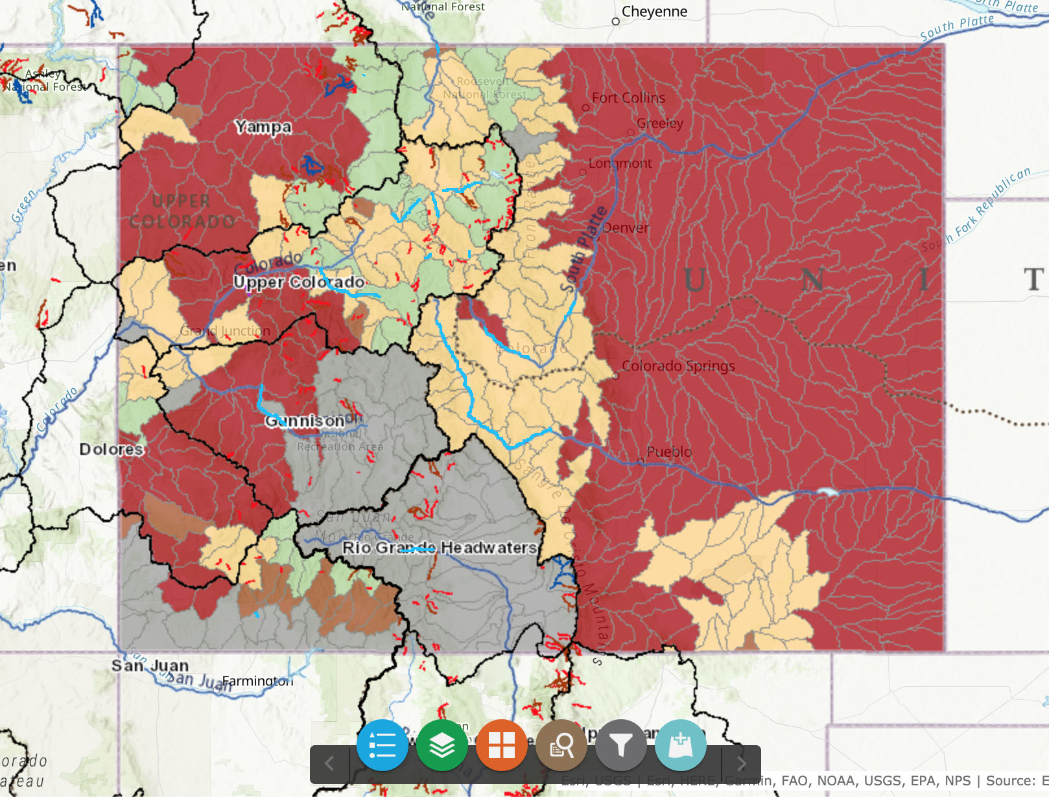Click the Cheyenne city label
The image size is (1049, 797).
654,12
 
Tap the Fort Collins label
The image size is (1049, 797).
628,98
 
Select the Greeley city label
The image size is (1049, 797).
659,123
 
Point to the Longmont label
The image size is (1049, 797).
620,163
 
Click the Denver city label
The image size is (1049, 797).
625,227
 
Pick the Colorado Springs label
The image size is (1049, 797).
678,365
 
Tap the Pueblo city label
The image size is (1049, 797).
668,451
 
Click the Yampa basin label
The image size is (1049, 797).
263,126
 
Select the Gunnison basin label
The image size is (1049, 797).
304,421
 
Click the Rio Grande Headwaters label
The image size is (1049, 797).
440,548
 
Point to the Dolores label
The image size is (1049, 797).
111,449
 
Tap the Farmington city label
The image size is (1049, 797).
257,681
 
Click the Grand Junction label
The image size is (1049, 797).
225,331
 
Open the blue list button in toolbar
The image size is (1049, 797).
383,745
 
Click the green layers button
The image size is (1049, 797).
442,745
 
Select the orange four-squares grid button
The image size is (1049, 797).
502,745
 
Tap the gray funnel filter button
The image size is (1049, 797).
621,745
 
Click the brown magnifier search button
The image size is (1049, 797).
561,745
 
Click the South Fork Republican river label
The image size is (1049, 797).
976,211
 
